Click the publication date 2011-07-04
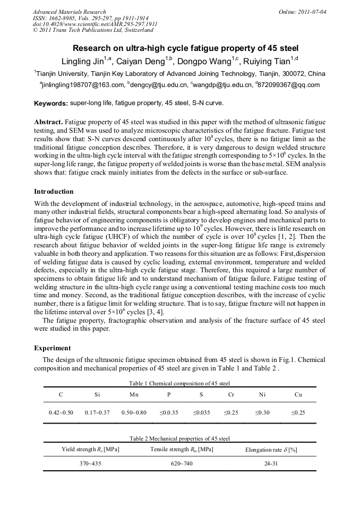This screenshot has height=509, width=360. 313,11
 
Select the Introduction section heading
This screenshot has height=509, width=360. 54,191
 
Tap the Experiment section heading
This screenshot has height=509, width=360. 52,348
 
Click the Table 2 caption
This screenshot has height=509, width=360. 179,439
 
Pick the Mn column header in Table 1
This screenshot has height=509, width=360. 134,395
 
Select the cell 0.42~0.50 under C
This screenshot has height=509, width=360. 61,412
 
